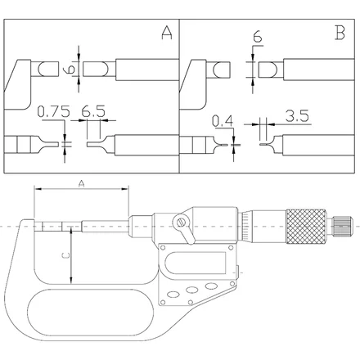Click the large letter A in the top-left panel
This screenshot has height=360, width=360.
coord(167,33)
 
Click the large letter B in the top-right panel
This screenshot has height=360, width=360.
coord(340,33)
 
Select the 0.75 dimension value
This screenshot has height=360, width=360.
coord(53,111)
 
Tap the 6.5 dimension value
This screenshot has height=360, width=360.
coord(93,111)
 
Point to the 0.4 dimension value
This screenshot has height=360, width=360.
coord(223,121)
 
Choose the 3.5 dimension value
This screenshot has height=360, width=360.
coord(297,116)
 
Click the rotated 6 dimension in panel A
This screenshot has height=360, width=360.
coord(70,68)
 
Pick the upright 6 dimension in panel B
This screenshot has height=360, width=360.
coord(258,37)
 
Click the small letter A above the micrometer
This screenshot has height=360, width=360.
coord(81,184)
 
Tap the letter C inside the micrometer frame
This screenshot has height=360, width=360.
coord(65,255)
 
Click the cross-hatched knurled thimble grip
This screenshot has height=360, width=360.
coord(306,227)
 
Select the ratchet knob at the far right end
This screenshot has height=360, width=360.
coord(342,227)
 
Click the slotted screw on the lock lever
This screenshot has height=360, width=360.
coord(181,223)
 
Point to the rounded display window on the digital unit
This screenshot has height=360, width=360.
coord(196,263)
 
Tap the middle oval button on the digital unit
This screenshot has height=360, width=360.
coord(191,290)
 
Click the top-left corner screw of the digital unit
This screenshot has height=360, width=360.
coord(163,248)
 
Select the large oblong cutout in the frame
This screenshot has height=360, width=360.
coord(91,313)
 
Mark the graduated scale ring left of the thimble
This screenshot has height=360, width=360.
coord(245,227)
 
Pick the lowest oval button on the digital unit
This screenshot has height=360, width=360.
coord(173,295)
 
